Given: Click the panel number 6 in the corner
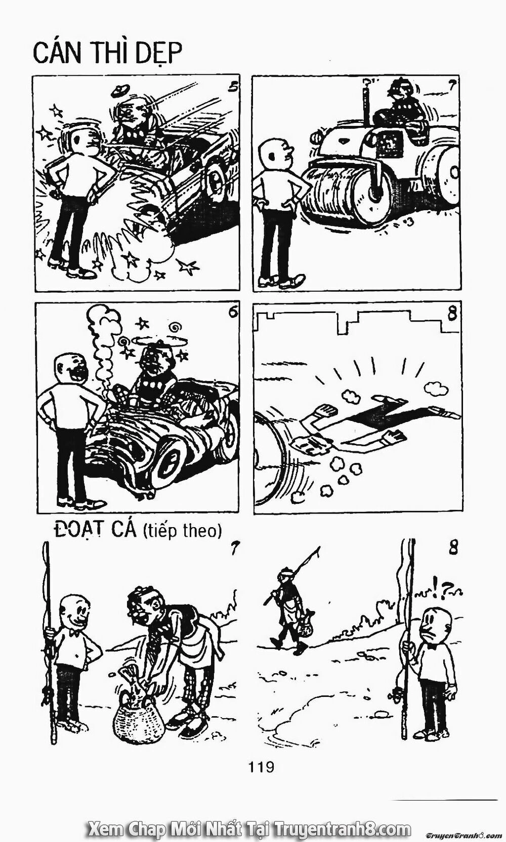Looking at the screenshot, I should coord(232,313).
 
